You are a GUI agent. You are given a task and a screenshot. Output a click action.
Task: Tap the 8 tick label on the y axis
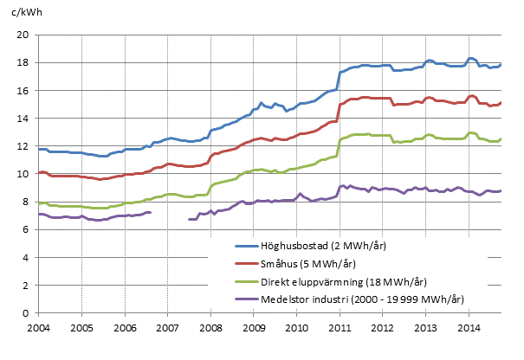[x=27, y=202]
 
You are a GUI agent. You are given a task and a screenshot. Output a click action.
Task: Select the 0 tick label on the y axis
[x=27, y=313]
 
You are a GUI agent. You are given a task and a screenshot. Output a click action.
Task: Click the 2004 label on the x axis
[x=38, y=329]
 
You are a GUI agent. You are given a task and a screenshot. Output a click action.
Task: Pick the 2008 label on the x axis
[x=210, y=329]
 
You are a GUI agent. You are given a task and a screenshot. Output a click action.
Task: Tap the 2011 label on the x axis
[x=340, y=329]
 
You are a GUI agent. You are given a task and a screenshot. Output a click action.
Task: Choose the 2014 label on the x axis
[x=469, y=329]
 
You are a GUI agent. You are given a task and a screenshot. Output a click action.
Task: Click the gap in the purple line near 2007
[x=170, y=215]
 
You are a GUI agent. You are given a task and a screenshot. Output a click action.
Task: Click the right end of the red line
[x=501, y=102]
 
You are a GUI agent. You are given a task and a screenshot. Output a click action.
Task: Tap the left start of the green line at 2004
[x=39, y=202]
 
